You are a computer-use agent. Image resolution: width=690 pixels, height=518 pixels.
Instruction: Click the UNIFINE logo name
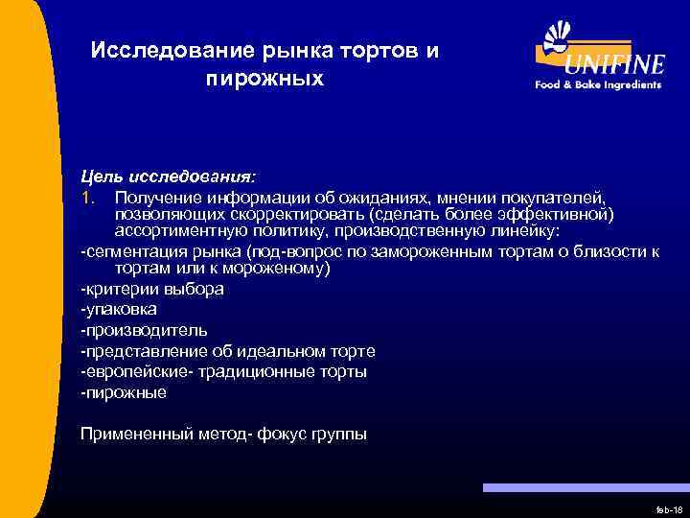click(x=614, y=64)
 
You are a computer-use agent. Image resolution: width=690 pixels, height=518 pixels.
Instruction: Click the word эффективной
click(x=559, y=214)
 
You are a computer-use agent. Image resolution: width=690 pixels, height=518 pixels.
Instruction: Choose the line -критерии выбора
click(x=152, y=289)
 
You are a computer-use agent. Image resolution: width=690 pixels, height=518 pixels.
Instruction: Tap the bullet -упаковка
click(x=119, y=310)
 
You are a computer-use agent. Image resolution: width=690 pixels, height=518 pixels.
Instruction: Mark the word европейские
click(x=131, y=371)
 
